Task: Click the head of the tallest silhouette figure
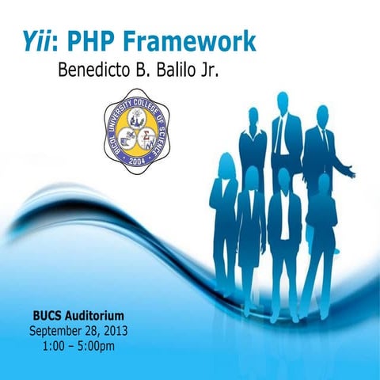[x=283, y=101]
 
